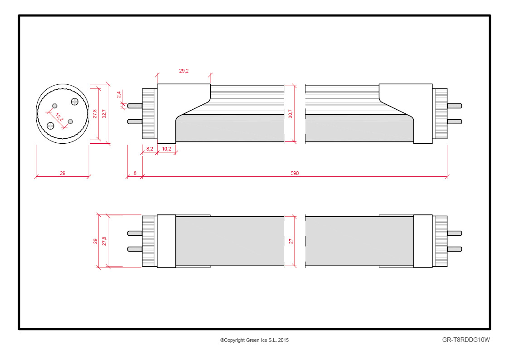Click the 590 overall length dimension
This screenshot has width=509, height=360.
pyautogui.click(x=295, y=173)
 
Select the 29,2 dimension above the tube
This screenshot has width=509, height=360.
pyautogui.click(x=184, y=71)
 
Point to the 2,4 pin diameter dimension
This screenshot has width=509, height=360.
pyautogui.click(x=119, y=94)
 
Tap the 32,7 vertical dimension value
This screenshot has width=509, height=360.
pyautogui.click(x=104, y=113)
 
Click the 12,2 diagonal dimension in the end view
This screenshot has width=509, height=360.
pyautogui.click(x=60, y=117)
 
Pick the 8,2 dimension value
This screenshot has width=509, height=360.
pyautogui.click(x=150, y=149)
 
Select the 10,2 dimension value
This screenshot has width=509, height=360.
pyautogui.click(x=166, y=149)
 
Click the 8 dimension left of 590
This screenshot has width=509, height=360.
pyautogui.click(x=135, y=173)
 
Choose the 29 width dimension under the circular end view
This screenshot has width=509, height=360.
pyautogui.click(x=63, y=173)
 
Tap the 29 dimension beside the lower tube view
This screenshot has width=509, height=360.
pyautogui.click(x=95, y=241)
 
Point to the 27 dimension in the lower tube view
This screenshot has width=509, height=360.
pyautogui.click(x=291, y=241)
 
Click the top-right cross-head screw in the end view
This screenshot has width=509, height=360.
pyautogui.click(x=75, y=102)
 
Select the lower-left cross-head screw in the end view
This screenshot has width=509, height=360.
pyautogui.click(x=51, y=125)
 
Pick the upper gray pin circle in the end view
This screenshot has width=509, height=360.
pyautogui.click(x=55, y=106)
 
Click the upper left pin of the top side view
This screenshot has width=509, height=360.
pyautogui.click(x=135, y=106)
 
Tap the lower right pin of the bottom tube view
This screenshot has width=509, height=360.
pyautogui.click(x=455, y=249)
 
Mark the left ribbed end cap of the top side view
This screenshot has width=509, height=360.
pyautogui.click(x=149, y=113)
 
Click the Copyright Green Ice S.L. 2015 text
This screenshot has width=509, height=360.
pyautogui.click(x=255, y=340)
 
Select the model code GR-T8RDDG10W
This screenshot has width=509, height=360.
pyautogui.click(x=466, y=340)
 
